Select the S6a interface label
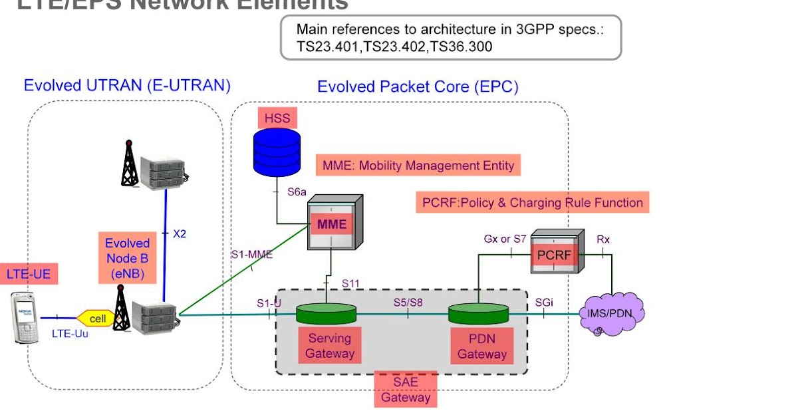pos(297,193)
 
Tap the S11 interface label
pos(350,284)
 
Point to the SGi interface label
pos(544,303)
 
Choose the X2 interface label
pos(180,234)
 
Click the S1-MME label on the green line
pos(252,253)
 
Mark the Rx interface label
pos(602,238)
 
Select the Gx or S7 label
pos(505,238)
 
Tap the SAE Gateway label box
pos(406,389)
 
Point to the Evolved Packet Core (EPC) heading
pos(418,86)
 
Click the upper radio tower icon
pos(130,163)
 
